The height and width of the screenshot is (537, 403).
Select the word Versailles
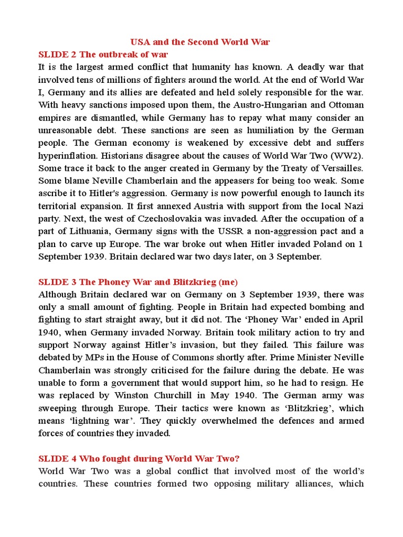tap(342, 168)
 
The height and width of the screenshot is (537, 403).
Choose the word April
tap(351, 319)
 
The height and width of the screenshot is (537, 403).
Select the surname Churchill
tap(181, 395)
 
